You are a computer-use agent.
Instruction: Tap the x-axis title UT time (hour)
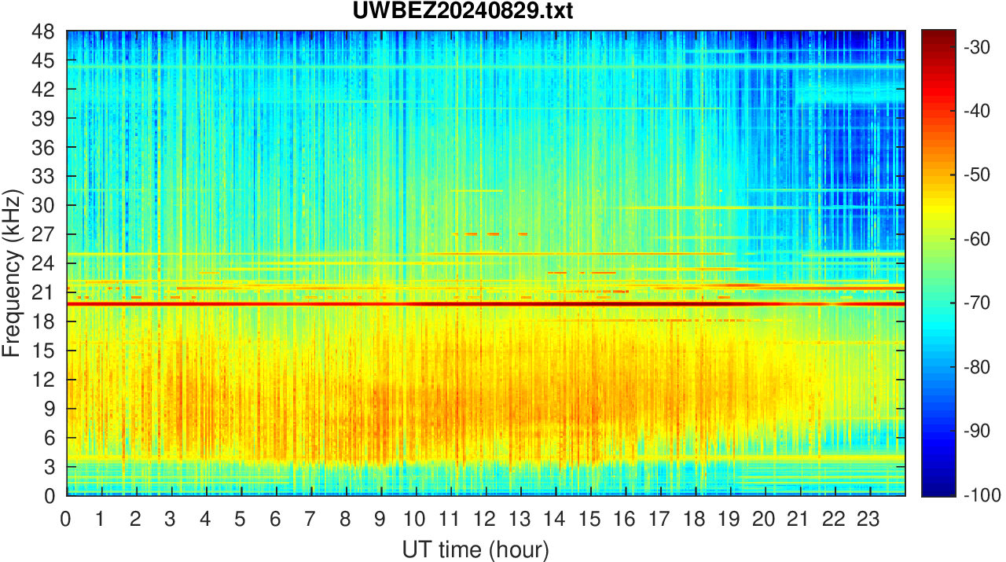[475, 549]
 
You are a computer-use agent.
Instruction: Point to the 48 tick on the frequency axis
[43, 32]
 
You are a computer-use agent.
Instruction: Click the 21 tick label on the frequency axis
[43, 292]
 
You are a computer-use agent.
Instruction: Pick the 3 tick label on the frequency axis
[49, 467]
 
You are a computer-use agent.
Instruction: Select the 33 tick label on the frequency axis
[43, 177]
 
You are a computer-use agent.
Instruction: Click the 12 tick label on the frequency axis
[43, 380]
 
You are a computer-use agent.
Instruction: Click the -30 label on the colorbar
[977, 46]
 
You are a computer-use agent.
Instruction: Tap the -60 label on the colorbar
[977, 239]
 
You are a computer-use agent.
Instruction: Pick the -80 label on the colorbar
[977, 367]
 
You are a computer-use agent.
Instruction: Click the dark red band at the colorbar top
[938, 35]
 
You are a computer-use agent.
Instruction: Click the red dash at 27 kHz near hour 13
[523, 234]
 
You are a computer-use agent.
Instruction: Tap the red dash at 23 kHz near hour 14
[557, 273]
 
